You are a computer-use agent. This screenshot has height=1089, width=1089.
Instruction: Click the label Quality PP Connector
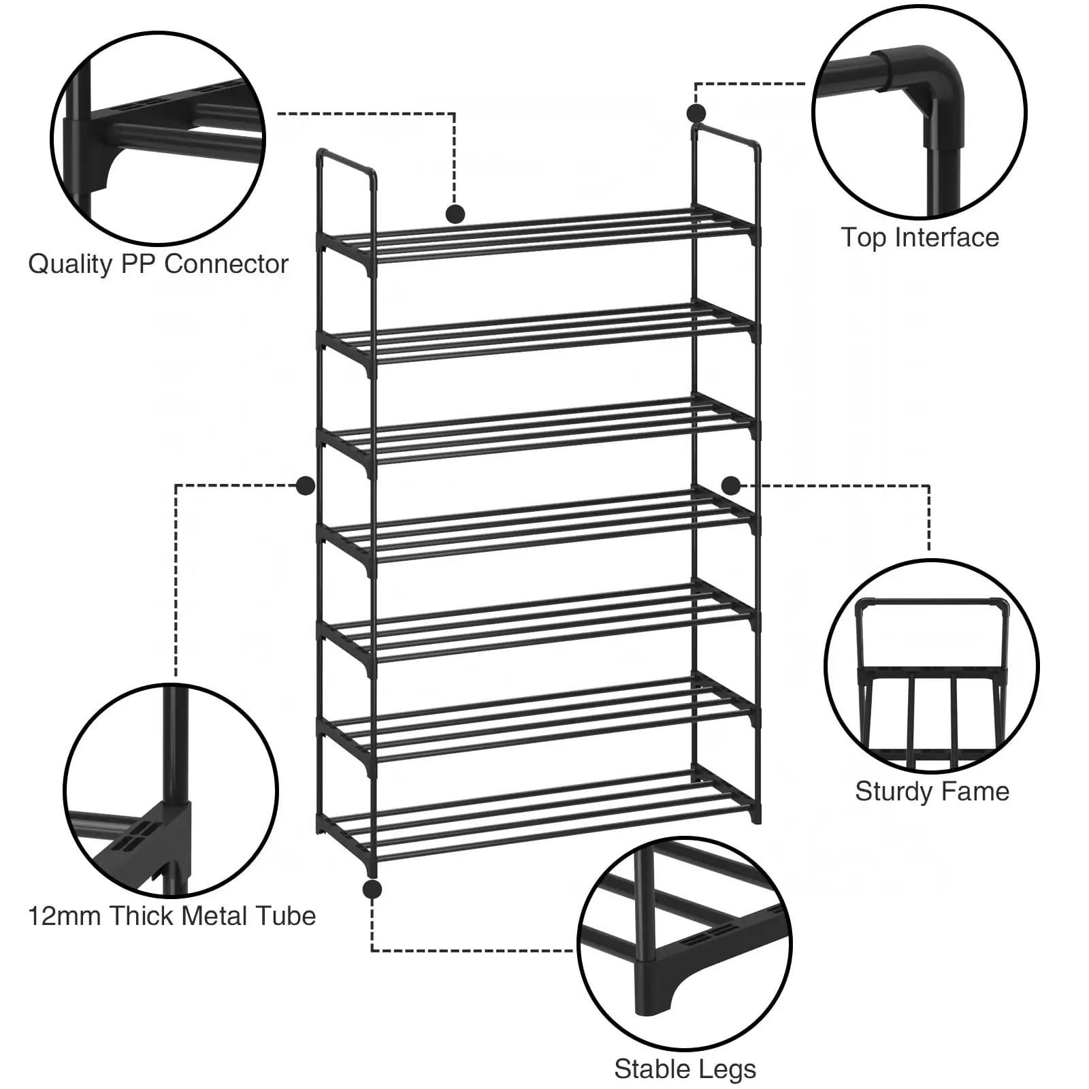[158, 264]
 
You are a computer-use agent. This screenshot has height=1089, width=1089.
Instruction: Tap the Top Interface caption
[920, 238]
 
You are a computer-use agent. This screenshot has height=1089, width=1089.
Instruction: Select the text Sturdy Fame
[932, 792]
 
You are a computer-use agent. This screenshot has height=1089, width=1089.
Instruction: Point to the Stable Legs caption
[685, 1069]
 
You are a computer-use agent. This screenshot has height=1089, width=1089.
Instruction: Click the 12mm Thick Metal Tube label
[172, 916]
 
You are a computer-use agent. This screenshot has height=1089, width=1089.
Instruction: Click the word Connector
[226, 264]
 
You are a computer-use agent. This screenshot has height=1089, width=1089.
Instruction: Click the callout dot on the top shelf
[455, 214]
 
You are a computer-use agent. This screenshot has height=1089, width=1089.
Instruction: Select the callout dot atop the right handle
[696, 113]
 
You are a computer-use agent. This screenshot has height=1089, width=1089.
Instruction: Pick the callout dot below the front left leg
[372, 889]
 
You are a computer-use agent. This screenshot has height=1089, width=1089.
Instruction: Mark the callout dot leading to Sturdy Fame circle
[730, 485]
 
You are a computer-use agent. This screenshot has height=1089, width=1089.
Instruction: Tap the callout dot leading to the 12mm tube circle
[306, 485]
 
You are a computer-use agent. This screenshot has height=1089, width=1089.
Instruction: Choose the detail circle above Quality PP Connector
[158, 137]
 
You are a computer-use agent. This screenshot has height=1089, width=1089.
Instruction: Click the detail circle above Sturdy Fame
[931, 666]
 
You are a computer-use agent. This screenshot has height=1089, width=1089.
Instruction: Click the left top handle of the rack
[346, 163]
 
